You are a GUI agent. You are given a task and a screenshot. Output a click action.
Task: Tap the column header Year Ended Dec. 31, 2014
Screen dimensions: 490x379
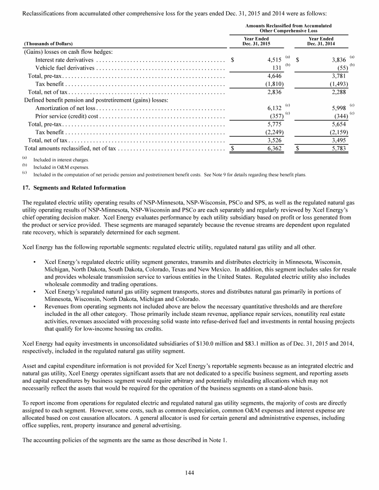(320, 41)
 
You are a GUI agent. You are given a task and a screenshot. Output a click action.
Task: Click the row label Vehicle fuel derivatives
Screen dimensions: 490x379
(65, 68)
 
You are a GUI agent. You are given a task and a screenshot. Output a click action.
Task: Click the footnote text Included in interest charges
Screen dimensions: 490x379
(61, 161)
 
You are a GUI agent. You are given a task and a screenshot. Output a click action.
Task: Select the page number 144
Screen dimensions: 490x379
(189, 473)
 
